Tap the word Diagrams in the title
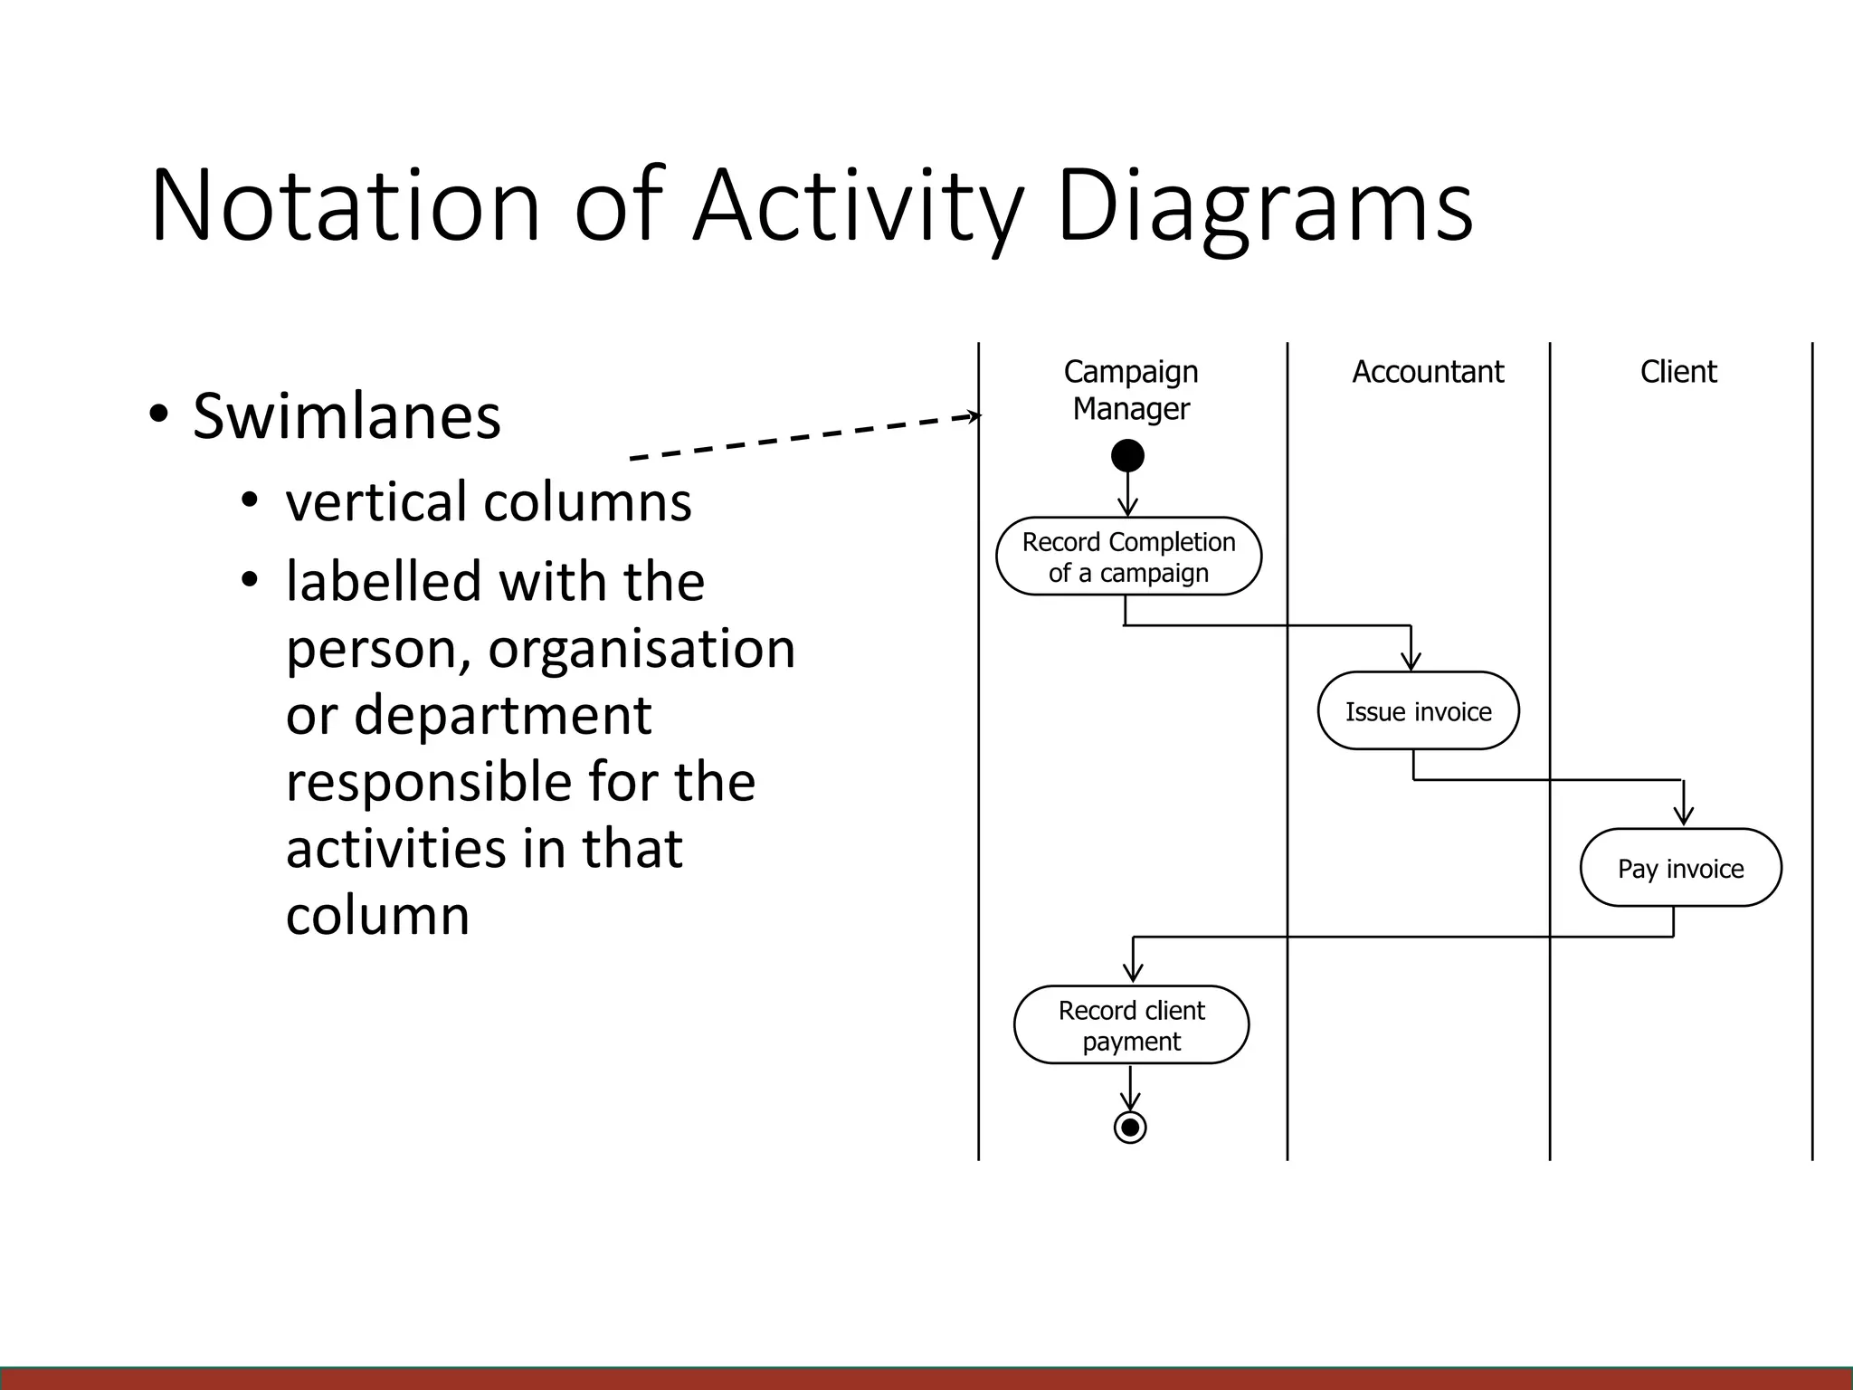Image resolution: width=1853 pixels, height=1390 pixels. [1264, 205]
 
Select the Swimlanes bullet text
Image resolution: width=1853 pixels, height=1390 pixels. [346, 416]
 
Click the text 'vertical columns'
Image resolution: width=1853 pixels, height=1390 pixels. [489, 501]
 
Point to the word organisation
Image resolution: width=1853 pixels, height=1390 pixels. [641, 648]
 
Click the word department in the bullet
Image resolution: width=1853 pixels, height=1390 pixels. [502, 715]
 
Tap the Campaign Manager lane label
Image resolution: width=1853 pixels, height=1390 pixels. [1130, 390]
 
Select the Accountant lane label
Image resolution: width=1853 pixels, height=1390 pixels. [1427, 372]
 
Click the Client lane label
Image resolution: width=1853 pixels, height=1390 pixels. [1677, 372]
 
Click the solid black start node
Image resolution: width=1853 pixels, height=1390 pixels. [1127, 455]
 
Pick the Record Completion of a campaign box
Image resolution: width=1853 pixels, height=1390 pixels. [1128, 557]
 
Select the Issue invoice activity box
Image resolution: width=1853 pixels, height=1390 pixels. [1418, 711]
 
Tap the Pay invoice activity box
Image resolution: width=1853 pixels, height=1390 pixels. [1680, 868]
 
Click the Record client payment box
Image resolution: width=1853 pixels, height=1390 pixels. [1131, 1025]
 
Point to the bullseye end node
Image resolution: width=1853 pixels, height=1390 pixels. [1130, 1128]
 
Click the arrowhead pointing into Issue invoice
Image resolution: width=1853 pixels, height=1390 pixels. [1411, 662]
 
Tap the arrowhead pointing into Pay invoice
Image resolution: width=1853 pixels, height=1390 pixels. [1683, 815]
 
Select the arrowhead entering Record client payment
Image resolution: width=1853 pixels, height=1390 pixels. [1133, 974]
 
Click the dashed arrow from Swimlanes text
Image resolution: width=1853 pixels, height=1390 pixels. [805, 437]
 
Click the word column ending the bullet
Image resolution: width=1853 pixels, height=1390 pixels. [377, 915]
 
